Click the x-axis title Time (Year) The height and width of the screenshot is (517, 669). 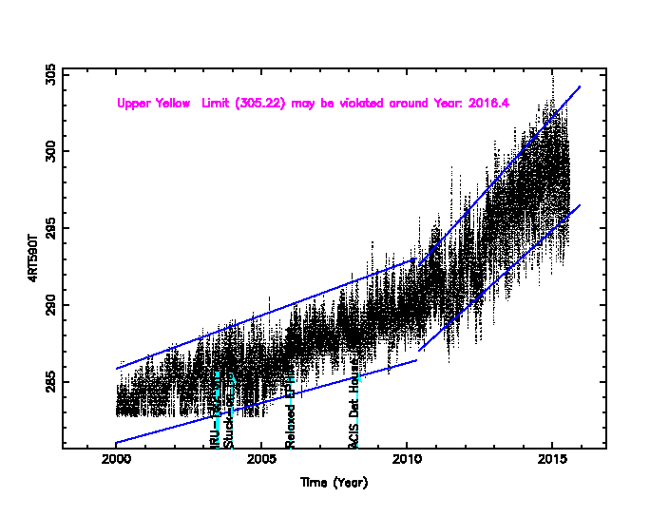pyautogui.click(x=334, y=483)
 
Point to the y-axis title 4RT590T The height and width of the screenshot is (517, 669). pyautogui.click(x=32, y=258)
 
